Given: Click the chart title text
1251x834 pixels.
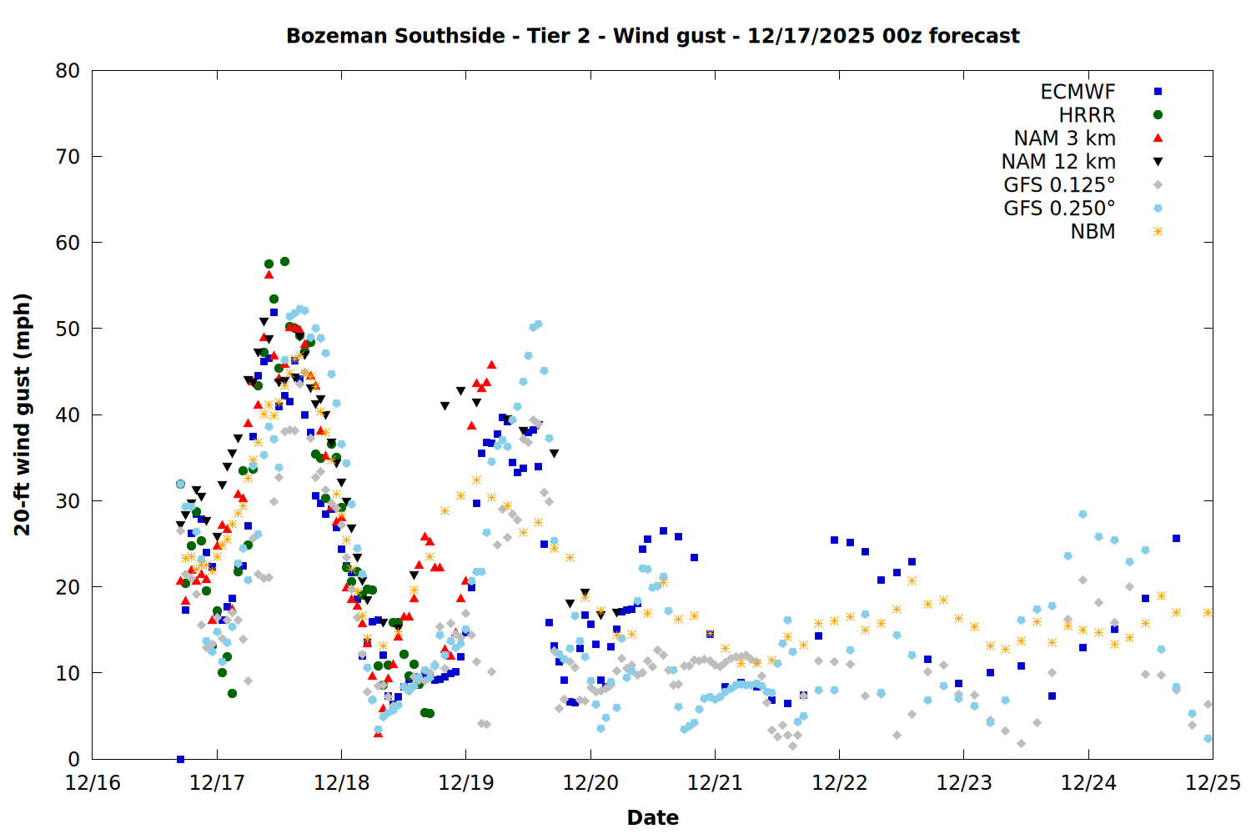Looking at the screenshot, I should coord(652,36).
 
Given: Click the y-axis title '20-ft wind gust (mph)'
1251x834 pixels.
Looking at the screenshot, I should coord(23,414).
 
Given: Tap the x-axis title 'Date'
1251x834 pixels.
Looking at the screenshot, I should coord(652,817).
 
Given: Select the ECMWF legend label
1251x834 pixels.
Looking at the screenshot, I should coord(1078,92).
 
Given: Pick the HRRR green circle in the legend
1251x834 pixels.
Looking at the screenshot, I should coord(1158,115).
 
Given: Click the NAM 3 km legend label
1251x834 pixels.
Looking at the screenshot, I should coord(1064,138).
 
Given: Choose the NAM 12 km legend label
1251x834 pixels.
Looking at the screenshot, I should coord(1058,162).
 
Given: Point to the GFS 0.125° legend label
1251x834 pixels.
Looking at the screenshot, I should coord(1059,185).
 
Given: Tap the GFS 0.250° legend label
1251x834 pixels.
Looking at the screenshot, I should coord(1059,208).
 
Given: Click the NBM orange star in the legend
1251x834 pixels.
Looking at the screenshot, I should coord(1158,232).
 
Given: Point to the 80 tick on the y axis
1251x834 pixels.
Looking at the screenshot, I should coord(68,71).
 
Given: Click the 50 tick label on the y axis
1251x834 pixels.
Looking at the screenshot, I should coord(68,329).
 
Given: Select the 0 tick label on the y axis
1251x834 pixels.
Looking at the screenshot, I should coord(74,759).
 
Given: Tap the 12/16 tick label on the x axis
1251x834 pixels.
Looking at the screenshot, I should coord(93,783).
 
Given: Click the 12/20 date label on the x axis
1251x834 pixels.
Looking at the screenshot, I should coord(590,783).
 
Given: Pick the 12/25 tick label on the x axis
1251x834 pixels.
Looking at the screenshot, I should coord(1213,783).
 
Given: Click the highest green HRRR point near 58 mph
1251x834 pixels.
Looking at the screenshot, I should coord(284,261).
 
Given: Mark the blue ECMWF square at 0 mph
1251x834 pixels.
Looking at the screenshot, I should coord(180,759).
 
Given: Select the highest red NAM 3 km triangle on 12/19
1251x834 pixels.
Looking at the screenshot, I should coord(491,364).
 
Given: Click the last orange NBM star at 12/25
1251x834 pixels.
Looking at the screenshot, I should coord(1208,612).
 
